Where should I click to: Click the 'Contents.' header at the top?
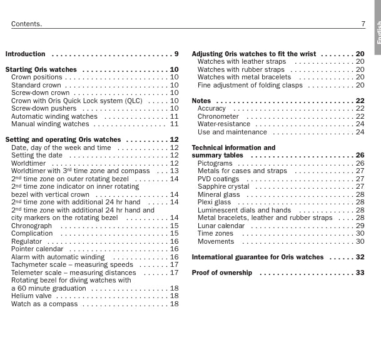[26, 24]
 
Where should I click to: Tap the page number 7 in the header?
[363, 24]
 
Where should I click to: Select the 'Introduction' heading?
[26, 54]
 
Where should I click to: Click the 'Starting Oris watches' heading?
[41, 70]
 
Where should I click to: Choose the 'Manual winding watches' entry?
[50, 124]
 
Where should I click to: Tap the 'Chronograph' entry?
[32, 226]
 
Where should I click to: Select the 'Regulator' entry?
[27, 241]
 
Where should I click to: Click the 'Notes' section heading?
[201, 101]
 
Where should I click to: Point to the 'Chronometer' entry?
[218, 116]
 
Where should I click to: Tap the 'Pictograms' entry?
[215, 163]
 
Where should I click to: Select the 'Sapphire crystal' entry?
[223, 186]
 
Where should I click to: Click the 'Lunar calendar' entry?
[221, 226]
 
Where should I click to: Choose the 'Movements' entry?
[216, 241]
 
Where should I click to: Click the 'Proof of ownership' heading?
[222, 272]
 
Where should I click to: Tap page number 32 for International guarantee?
[360, 257]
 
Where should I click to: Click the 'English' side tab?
[378, 34]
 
